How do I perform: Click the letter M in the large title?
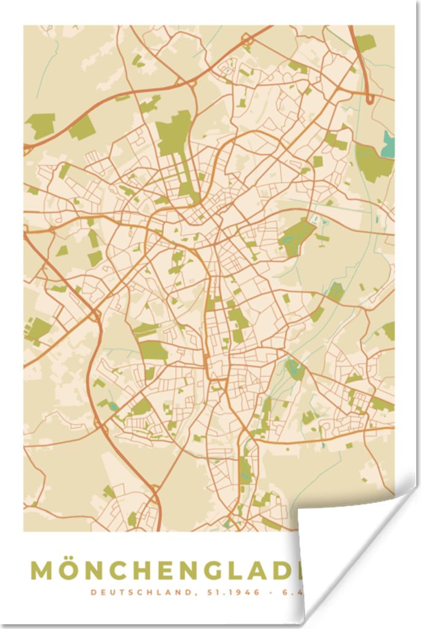pyautogui.click(x=43, y=571)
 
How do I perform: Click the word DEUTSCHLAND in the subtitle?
pyautogui.click(x=126, y=593)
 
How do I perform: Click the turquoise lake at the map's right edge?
pyautogui.click(x=388, y=144)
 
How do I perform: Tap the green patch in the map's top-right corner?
pyautogui.click(x=365, y=42)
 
